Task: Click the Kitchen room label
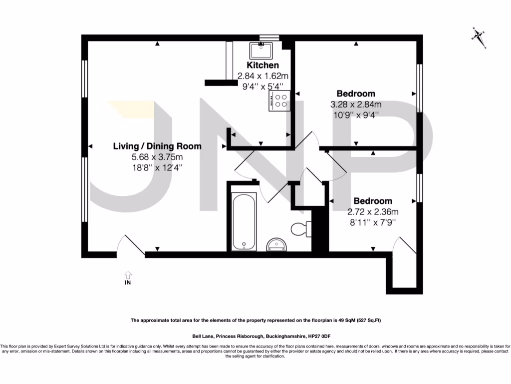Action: coord(263,65)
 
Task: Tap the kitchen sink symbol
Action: coord(260,50)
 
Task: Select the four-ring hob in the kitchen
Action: coord(279,101)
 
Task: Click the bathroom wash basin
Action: coord(277,244)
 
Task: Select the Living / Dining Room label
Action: coord(157,146)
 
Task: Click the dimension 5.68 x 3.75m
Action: coord(157,157)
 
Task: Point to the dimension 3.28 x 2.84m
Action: coord(356,104)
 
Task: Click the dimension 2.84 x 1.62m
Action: coord(263,76)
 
